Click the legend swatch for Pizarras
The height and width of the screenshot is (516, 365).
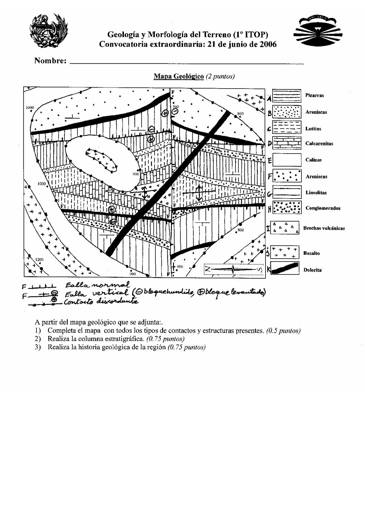[287, 96]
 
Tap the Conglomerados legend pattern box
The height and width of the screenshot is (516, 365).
[287, 208]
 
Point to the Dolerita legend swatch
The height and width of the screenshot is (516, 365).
[285, 268]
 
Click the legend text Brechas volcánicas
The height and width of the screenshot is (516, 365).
[324, 228]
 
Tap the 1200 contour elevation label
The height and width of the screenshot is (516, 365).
[39, 260]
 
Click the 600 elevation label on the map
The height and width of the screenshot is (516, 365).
[180, 266]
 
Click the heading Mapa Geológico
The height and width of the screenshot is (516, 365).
[179, 76]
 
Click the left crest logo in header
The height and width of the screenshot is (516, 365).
[49, 32]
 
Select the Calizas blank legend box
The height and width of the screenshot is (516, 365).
[287, 160]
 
